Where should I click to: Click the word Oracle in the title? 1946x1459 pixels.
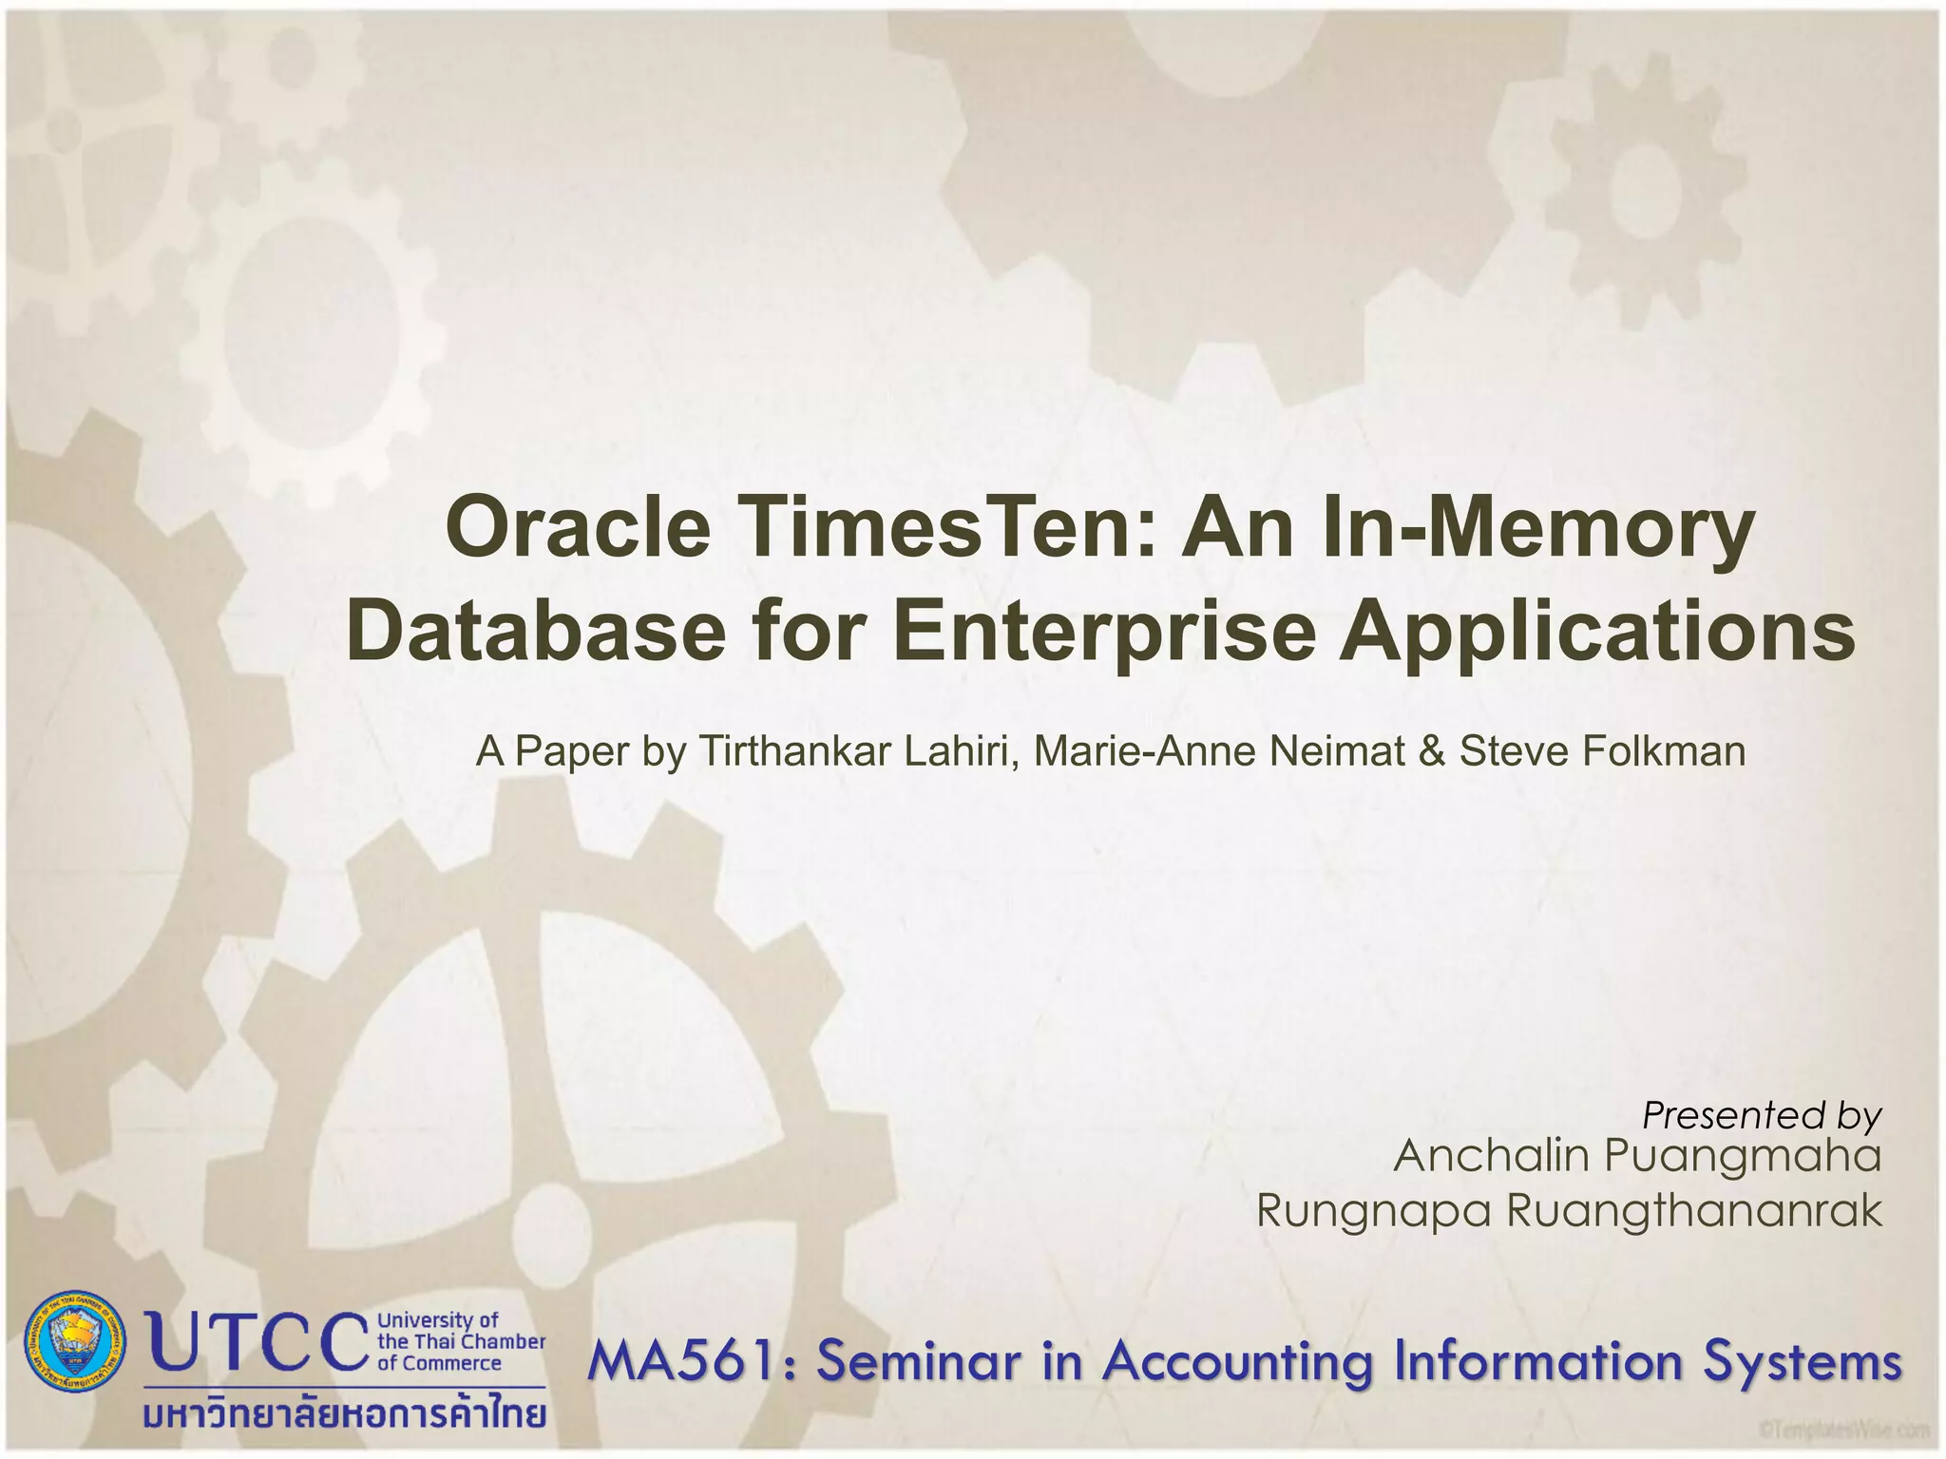coord(577,528)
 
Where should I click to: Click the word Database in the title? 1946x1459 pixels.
coord(537,633)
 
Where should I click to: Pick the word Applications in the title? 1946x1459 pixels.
coord(1596,633)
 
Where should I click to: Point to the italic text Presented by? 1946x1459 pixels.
coord(1762,1115)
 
